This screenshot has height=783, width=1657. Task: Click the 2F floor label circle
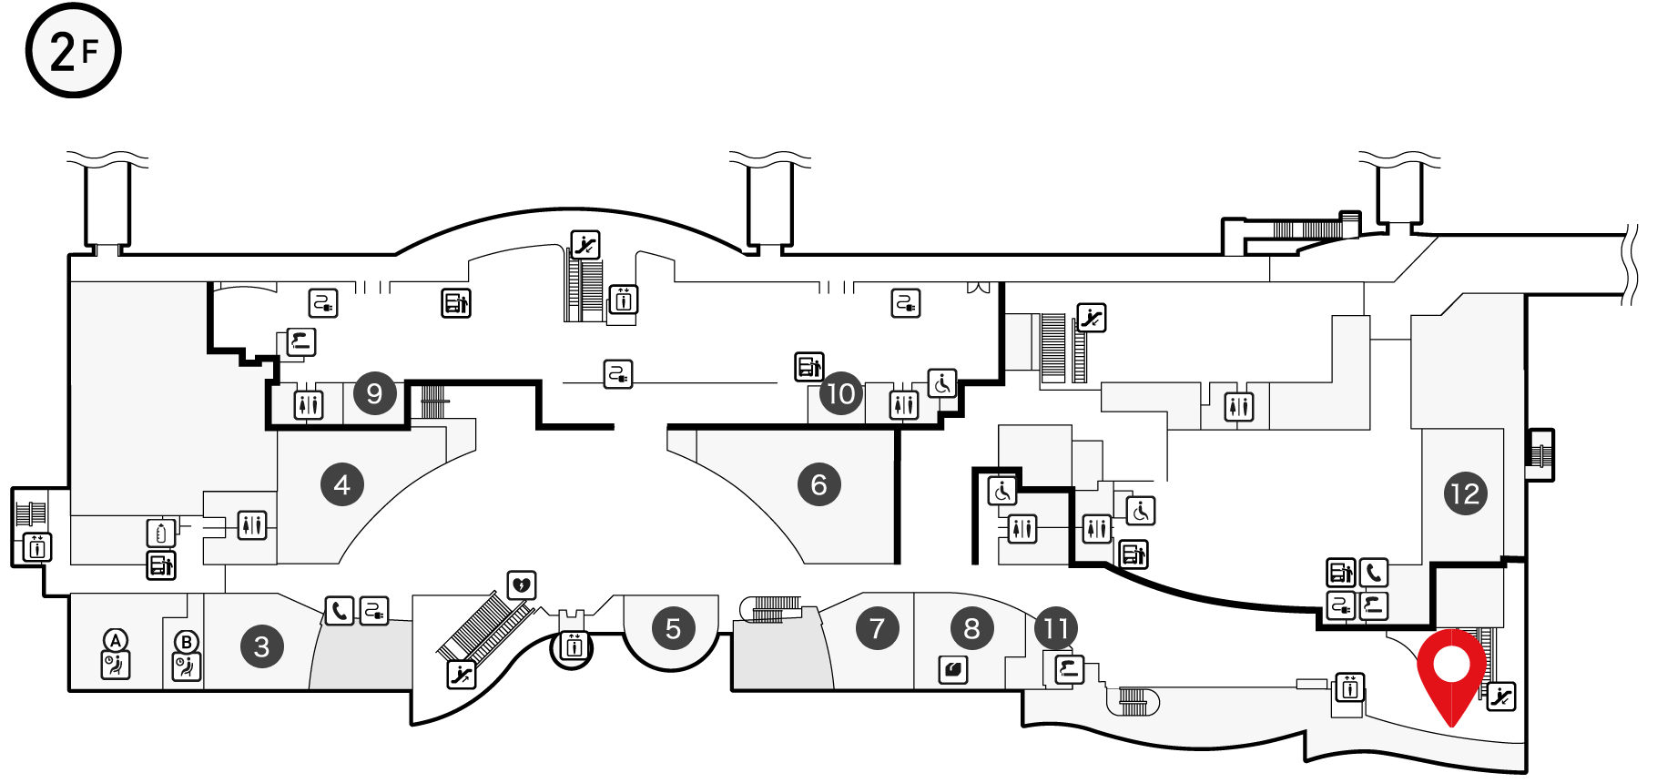pos(73,50)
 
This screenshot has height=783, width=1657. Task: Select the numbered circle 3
pos(262,646)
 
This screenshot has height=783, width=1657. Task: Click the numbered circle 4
pos(342,484)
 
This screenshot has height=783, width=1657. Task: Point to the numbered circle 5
pos(673,628)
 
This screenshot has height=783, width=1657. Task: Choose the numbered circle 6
pos(819,484)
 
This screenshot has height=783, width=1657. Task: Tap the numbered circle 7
pos(878,628)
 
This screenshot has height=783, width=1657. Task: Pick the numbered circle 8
pos(972,628)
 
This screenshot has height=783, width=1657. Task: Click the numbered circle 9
pos(374,393)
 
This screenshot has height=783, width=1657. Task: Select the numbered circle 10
pos(840,393)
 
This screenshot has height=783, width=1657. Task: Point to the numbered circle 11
pos(1056,628)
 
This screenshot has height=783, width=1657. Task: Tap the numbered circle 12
pos(1465,493)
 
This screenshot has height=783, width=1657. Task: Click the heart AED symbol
pos(522,585)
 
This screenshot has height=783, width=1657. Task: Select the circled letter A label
pos(116,640)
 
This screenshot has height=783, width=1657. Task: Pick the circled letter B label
pos(187,642)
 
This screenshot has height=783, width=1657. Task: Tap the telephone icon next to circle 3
pos(340,610)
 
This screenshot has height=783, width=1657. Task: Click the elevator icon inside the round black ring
pos(574,646)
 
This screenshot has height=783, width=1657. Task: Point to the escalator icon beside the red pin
pos(1501,697)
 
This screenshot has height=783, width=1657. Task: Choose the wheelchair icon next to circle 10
pos(942,383)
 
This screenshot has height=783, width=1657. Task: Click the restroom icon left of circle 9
pos(309,403)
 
